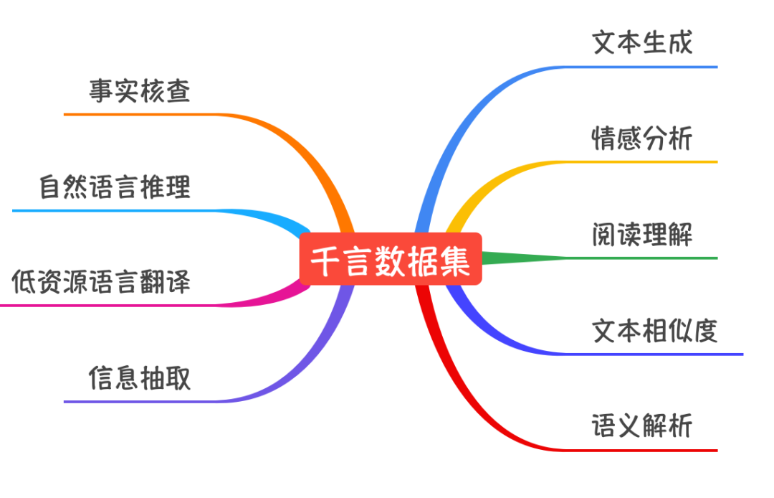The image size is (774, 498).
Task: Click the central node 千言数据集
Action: (x=391, y=259)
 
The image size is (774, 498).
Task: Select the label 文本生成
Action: (x=642, y=42)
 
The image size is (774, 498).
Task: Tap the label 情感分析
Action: (x=642, y=138)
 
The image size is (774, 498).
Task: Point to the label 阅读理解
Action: (x=642, y=234)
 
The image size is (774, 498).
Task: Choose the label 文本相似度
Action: (x=655, y=331)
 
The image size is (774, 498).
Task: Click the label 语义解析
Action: (x=642, y=426)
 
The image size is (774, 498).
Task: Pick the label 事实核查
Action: (x=140, y=91)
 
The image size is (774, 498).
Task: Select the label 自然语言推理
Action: (x=115, y=187)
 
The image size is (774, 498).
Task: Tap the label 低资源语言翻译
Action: (x=102, y=282)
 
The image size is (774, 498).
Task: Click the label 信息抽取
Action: (x=140, y=377)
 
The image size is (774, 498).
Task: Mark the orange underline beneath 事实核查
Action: (x=143, y=114)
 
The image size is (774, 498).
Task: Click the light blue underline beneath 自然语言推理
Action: (x=115, y=210)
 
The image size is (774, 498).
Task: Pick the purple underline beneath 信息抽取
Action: (x=143, y=402)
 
